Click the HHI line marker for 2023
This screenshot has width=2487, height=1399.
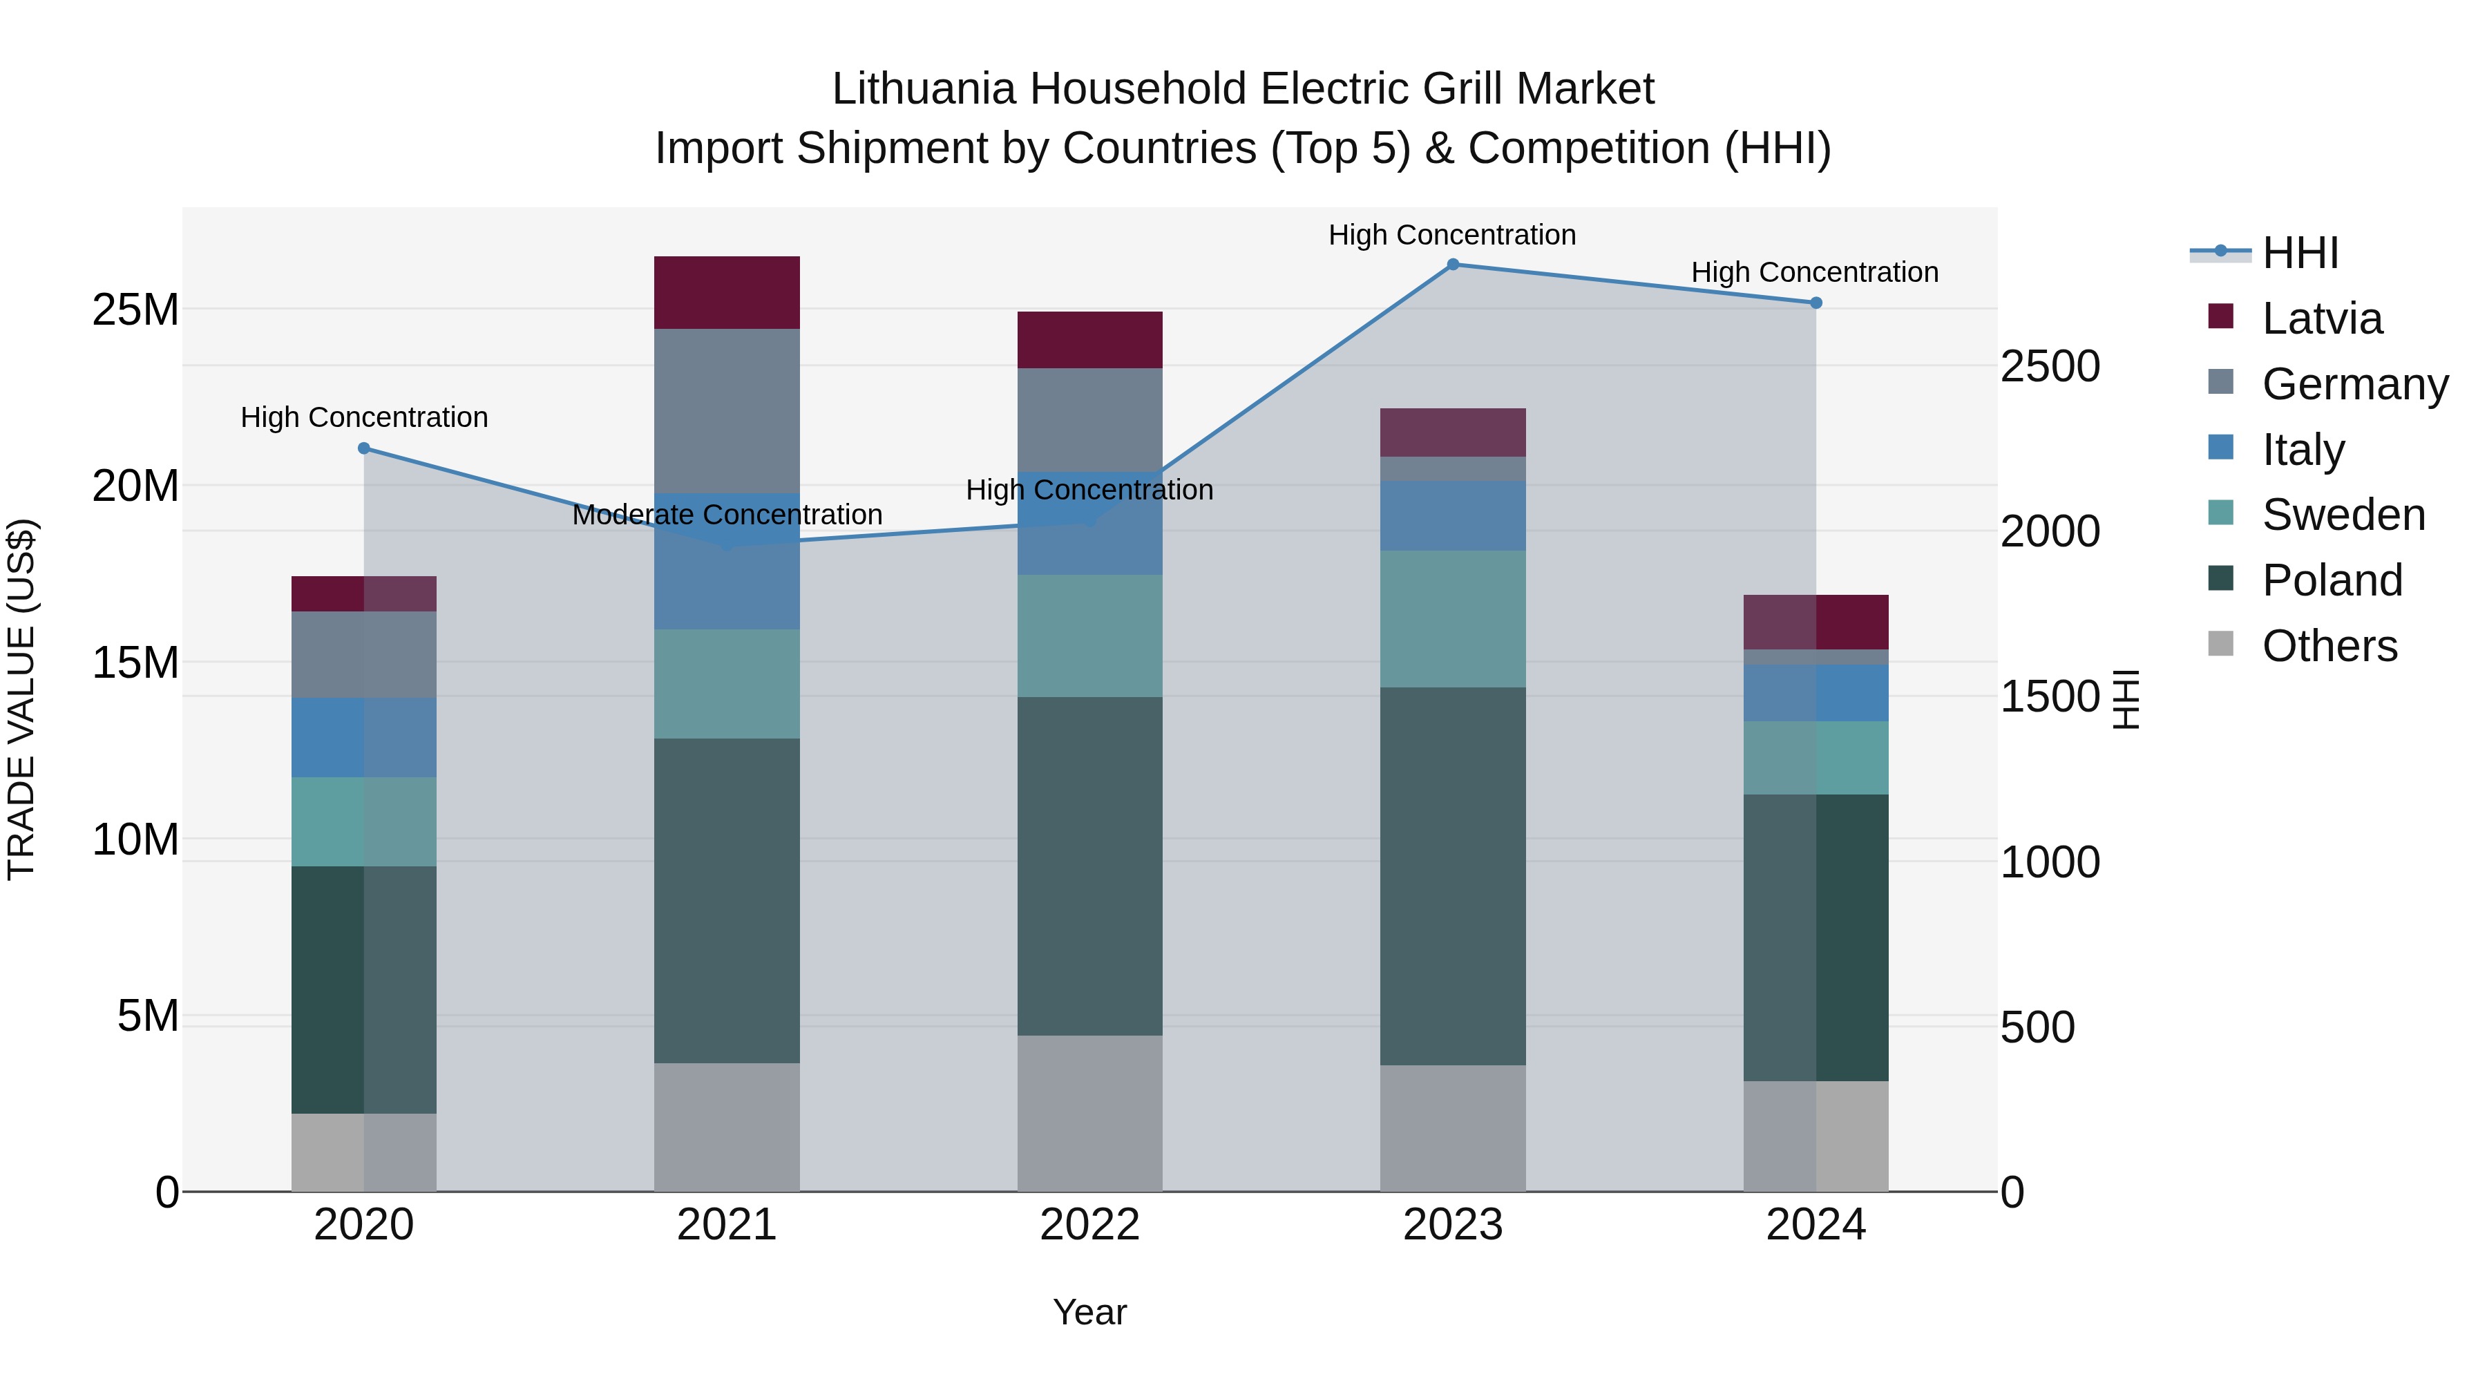1452,265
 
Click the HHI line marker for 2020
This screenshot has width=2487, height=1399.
364,448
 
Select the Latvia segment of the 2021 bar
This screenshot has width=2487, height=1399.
727,292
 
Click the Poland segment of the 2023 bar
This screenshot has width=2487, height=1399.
1452,876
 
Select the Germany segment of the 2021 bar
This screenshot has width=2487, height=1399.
727,410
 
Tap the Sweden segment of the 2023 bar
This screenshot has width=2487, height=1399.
1452,619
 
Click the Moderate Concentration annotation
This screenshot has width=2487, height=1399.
727,515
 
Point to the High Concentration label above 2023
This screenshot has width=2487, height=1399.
1452,235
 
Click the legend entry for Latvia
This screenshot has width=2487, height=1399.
2321,318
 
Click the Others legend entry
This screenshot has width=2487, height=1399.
2329,646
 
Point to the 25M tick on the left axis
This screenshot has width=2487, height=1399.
135,310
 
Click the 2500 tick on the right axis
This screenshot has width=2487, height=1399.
2050,367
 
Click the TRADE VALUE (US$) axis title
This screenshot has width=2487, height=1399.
21,699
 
